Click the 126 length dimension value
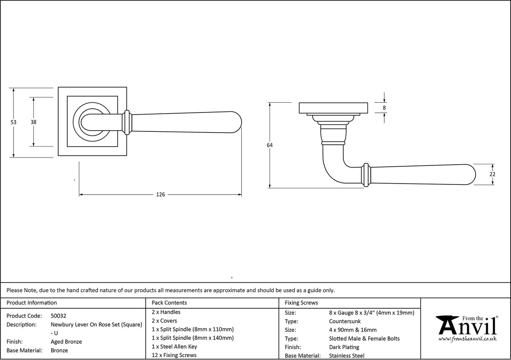coord(160,195)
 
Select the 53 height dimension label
coord(13,122)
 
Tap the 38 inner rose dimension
coord(33,122)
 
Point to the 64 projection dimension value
coord(269,145)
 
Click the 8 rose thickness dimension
coord(384,108)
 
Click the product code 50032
coord(59,316)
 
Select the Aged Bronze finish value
coord(66,342)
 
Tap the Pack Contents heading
coord(169,303)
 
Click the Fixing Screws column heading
coord(301,303)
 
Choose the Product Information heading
coord(32,303)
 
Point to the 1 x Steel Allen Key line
coord(174,347)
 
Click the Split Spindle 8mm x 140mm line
coord(192,338)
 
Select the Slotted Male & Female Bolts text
coord(364,339)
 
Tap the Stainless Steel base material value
coord(347,356)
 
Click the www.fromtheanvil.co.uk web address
coord(467,339)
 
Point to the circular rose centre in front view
coord(90,122)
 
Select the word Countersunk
coord(345,321)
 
